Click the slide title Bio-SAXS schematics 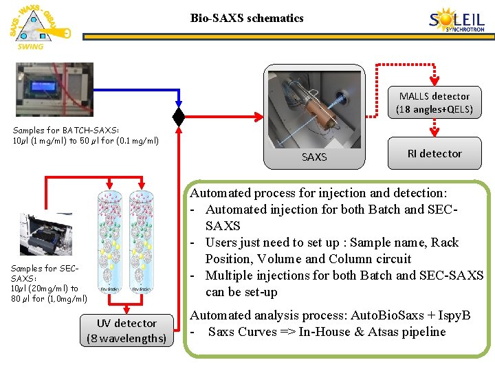[247, 18]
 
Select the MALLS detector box [434, 102]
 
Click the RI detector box [434, 153]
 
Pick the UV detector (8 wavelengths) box [126, 330]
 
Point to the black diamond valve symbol [179, 117]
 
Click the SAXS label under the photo [314, 157]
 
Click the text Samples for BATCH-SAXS [65, 131]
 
